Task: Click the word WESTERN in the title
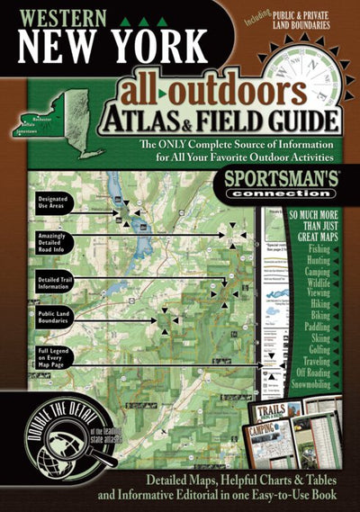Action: click(x=58, y=16)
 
